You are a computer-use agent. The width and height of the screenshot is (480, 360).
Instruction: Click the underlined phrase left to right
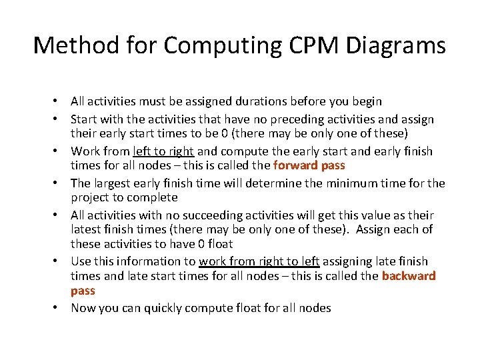163,151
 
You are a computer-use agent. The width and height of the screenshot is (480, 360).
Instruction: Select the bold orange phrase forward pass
309,165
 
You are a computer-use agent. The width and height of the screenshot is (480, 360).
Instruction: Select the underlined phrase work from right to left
259,261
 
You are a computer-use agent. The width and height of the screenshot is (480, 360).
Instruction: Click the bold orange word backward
408,276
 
